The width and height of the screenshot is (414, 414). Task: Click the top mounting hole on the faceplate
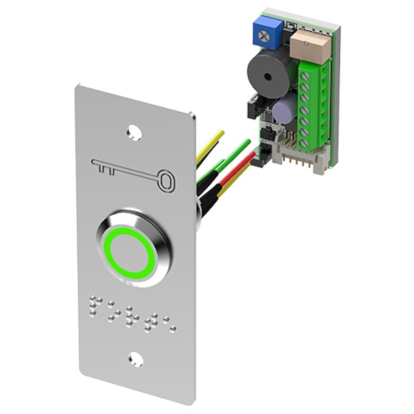click(135, 132)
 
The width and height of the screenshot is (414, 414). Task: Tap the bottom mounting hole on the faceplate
click(136, 360)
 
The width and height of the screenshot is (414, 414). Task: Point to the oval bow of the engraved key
click(166, 180)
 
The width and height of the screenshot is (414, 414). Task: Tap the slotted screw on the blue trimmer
click(264, 36)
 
